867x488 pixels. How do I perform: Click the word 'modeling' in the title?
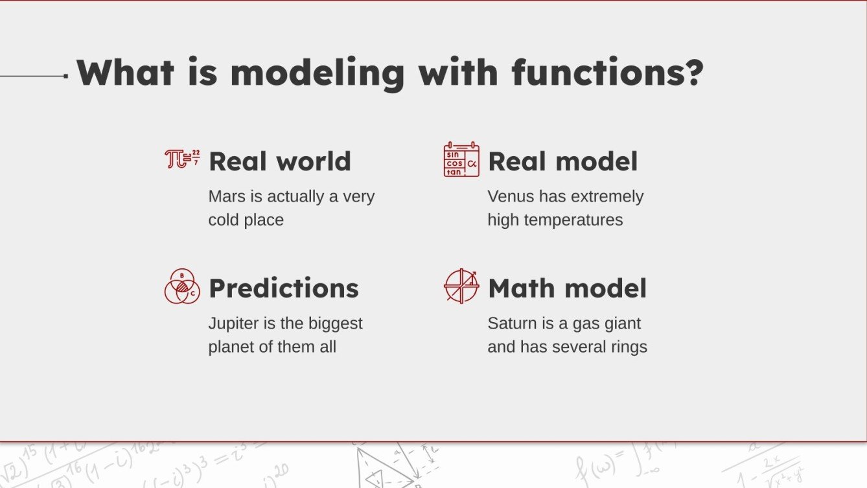(x=318, y=73)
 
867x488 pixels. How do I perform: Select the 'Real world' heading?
(x=279, y=161)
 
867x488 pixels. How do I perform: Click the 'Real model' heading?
(x=562, y=161)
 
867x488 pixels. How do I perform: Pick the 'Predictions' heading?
(x=283, y=288)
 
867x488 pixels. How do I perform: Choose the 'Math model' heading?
(x=567, y=288)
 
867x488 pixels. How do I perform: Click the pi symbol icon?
(x=182, y=159)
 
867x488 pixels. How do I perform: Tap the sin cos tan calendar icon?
(x=461, y=159)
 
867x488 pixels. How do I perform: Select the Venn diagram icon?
(x=182, y=286)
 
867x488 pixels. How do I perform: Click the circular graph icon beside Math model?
(x=461, y=286)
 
